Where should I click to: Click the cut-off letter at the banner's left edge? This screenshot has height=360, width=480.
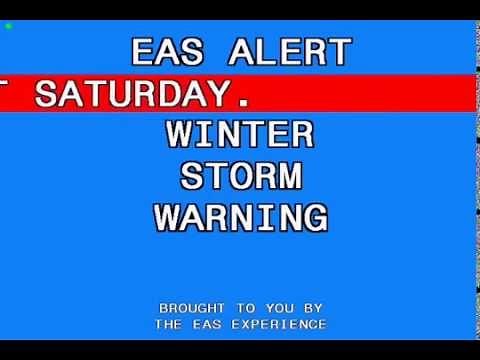[x=6, y=95]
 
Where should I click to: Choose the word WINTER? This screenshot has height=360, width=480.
[x=240, y=134]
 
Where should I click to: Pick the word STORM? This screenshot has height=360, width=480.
[x=240, y=176]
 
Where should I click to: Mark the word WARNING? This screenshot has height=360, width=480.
[x=240, y=217]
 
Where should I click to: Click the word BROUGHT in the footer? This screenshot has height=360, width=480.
[x=192, y=308]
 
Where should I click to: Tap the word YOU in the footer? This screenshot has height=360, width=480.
[x=283, y=308]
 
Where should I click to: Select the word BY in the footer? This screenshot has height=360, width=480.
[x=313, y=308]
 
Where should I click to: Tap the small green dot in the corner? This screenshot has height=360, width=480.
[x=8, y=25]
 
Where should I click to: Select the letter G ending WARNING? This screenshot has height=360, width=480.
[x=313, y=217]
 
